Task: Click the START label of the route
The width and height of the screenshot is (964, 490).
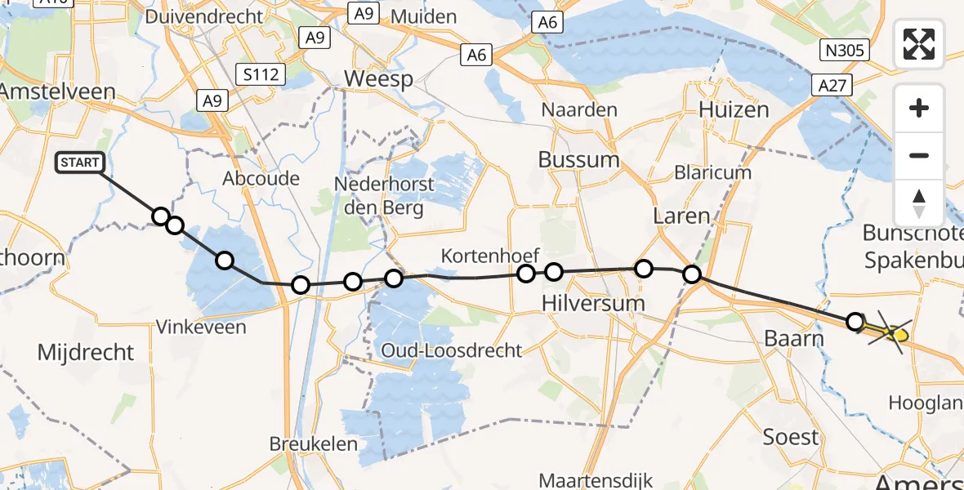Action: [x=79, y=163]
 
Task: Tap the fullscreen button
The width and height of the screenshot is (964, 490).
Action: [x=919, y=44]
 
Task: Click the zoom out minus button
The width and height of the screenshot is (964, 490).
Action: [x=919, y=155]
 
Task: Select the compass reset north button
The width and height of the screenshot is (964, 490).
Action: [x=919, y=203]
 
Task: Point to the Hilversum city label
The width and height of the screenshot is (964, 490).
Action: [x=592, y=303]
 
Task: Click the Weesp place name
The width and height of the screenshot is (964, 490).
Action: [x=378, y=79]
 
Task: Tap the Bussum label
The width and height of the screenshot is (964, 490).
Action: [x=578, y=159]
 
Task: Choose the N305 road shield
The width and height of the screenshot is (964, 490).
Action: [x=845, y=51]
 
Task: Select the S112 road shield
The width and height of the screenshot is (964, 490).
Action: [x=261, y=75]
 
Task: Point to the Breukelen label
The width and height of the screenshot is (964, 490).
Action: [x=314, y=444]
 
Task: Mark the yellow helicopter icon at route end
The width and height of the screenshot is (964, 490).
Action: [x=897, y=333]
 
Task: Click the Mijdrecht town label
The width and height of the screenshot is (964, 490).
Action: [x=86, y=353]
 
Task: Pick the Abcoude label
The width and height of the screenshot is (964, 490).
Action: [x=261, y=178]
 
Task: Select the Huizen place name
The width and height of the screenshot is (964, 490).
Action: [x=734, y=110]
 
